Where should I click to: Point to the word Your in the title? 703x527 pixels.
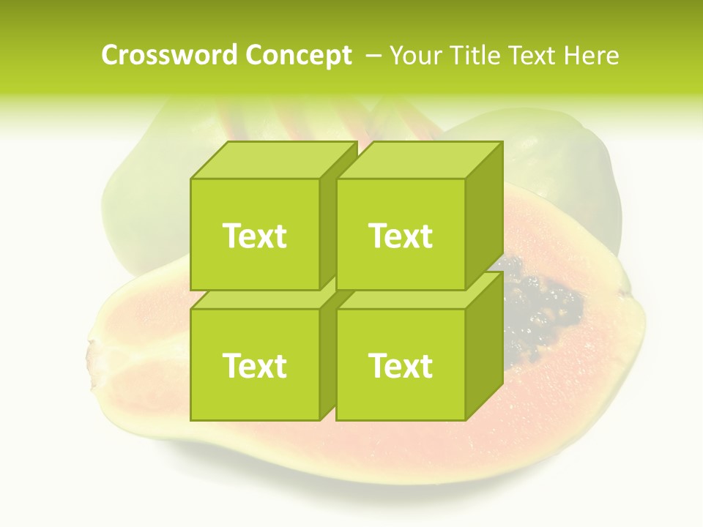(x=414, y=56)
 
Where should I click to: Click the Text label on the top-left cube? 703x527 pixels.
(x=254, y=236)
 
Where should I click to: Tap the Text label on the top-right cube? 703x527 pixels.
(x=401, y=236)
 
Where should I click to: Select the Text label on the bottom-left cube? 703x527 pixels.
(x=254, y=365)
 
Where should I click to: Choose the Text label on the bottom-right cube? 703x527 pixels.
(x=401, y=365)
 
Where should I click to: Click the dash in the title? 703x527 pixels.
(x=372, y=56)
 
